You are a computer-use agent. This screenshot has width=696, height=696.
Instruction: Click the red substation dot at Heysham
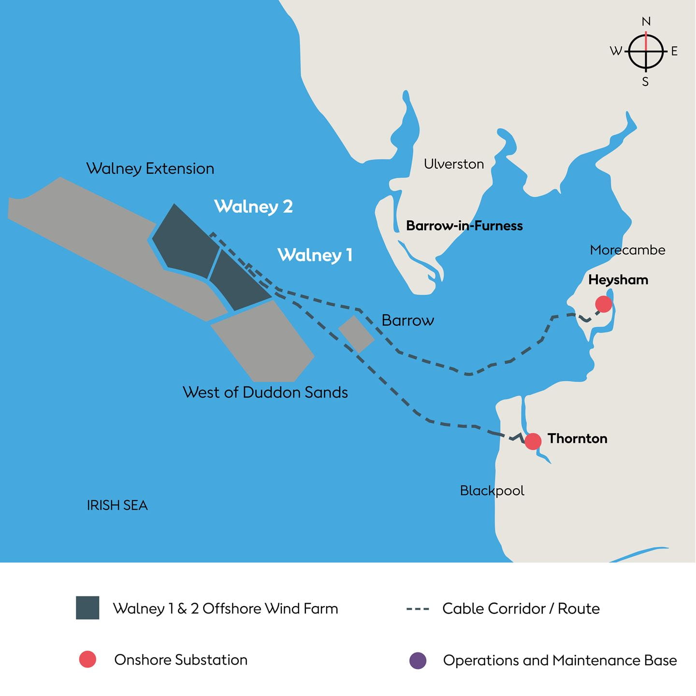604,304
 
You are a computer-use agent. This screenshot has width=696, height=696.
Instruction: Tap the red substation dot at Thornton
533,441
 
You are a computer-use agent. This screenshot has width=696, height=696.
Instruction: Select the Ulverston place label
454,164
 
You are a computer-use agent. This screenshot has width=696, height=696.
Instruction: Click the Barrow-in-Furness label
464,226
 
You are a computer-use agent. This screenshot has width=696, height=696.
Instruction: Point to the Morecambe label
627,250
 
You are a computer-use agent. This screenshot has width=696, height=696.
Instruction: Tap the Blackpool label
492,491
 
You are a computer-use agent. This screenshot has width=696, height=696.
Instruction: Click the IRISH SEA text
117,505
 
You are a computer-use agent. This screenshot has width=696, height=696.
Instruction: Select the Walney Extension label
150,169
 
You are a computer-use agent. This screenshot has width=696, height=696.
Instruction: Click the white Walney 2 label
253,206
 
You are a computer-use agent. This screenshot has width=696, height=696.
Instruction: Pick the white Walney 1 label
315,255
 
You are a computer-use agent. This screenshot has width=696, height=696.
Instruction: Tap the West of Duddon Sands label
265,392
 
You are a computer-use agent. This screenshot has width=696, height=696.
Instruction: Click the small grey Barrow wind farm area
356,333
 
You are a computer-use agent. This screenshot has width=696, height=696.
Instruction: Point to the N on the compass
646,22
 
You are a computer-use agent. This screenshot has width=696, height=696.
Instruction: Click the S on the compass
645,82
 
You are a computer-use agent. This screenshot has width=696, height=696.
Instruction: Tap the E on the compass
674,51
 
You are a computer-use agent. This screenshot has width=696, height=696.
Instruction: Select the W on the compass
616,51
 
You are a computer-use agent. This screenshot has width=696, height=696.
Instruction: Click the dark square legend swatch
87,608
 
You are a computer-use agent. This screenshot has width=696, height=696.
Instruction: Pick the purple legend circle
418,660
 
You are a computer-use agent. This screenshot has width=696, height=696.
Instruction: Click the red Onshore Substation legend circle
87,659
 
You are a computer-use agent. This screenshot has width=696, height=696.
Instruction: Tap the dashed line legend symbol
418,609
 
